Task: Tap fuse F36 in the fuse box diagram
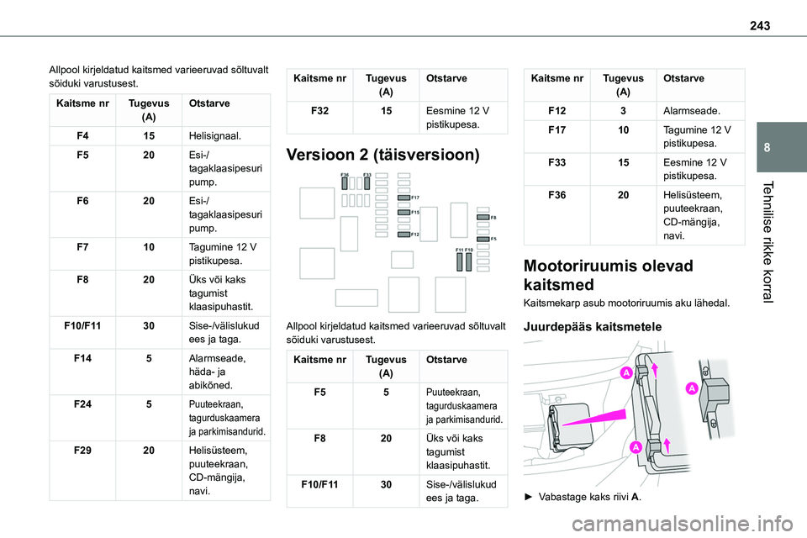click(x=345, y=183)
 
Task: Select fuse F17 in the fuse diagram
click(x=402, y=197)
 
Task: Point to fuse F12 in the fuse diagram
click(x=402, y=233)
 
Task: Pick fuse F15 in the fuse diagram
click(x=402, y=213)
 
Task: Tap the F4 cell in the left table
click(x=82, y=134)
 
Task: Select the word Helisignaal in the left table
click(x=217, y=134)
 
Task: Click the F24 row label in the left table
click(x=82, y=403)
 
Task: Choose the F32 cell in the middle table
click(x=320, y=109)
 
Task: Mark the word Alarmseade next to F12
click(x=689, y=110)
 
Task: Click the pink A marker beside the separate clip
click(x=690, y=388)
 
